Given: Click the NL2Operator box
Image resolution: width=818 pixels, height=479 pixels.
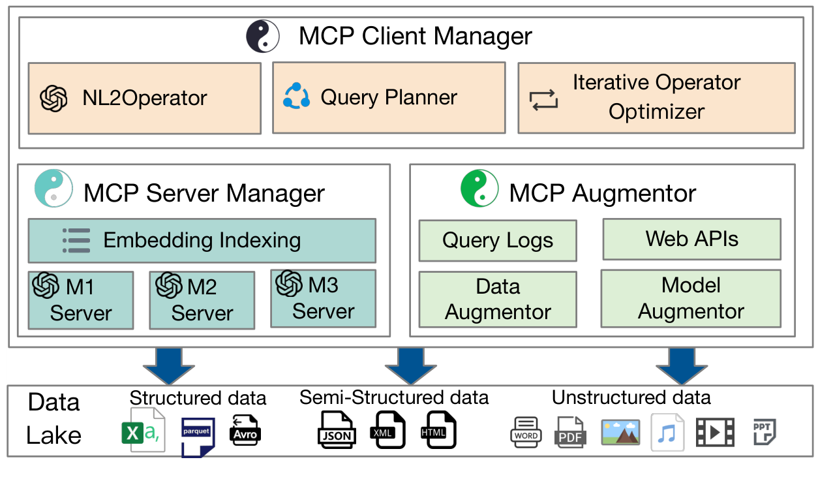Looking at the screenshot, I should coord(144,99).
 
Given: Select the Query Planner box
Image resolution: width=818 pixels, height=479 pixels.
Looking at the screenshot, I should coord(389,97).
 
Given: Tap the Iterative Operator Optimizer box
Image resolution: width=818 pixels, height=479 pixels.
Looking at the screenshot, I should coord(656,97).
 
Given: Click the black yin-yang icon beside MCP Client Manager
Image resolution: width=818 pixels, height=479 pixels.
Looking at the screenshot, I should coord(263,36).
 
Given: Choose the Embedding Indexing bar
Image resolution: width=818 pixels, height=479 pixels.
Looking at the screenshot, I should coord(202,241).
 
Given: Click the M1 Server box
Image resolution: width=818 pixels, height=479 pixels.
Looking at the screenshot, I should coord(81,300).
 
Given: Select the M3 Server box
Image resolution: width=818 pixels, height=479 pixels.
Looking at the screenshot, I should coord(323,298).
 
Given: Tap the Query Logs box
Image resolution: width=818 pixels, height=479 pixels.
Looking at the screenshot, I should coord(497,241).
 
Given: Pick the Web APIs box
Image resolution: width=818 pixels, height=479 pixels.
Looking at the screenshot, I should coord(691,239).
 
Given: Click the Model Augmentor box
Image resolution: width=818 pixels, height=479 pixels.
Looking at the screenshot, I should coord(691,298).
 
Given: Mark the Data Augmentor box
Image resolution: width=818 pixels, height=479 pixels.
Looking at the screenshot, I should coord(497,300).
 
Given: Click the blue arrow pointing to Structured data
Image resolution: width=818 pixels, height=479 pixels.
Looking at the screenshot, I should coord(168,365).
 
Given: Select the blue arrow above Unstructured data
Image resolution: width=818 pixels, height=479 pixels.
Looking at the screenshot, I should coord(681,365).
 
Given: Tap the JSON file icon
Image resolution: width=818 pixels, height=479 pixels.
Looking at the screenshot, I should coord(336,430).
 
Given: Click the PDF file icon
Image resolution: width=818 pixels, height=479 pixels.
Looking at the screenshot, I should coord(571,432).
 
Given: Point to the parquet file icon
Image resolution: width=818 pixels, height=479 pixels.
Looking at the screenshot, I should coord(198,436).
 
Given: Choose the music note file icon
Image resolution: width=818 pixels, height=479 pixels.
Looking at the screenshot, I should coord(667,433).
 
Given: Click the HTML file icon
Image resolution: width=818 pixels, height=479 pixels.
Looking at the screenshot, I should coord(438,430).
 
